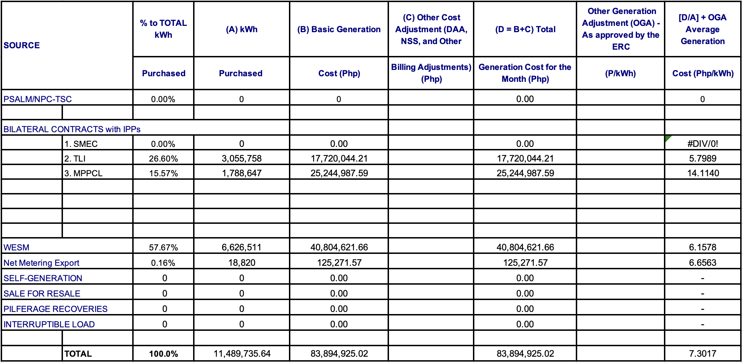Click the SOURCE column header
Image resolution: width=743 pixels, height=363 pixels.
point(22,45)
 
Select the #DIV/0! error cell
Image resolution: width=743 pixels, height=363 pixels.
point(702,144)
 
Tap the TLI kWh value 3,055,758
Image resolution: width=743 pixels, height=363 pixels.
point(241,158)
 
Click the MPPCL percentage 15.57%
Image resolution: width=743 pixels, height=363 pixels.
point(163,173)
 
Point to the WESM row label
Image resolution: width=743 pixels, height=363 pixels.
point(16,247)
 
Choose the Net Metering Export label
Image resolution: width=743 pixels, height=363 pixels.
point(41,263)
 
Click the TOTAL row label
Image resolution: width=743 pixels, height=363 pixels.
point(78,354)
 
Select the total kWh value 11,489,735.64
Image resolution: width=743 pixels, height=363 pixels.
point(242,354)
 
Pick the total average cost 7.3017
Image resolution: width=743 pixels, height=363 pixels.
point(702,354)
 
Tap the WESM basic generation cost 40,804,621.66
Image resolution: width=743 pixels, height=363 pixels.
point(339,247)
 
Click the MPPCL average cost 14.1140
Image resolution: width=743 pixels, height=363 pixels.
point(703,173)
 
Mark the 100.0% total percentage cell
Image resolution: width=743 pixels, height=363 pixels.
point(163,354)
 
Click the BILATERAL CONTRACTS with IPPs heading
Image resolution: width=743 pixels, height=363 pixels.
point(72,129)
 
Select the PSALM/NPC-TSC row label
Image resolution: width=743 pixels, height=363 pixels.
point(37,99)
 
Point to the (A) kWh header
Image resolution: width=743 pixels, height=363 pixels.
point(242,29)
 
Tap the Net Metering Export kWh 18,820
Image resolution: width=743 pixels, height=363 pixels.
point(242,263)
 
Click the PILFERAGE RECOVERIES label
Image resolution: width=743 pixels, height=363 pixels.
point(55,309)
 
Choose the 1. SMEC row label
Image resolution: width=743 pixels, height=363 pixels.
point(81,144)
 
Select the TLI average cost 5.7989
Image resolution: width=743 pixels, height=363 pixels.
point(702,158)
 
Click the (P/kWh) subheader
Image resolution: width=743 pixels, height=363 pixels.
point(620,73)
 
